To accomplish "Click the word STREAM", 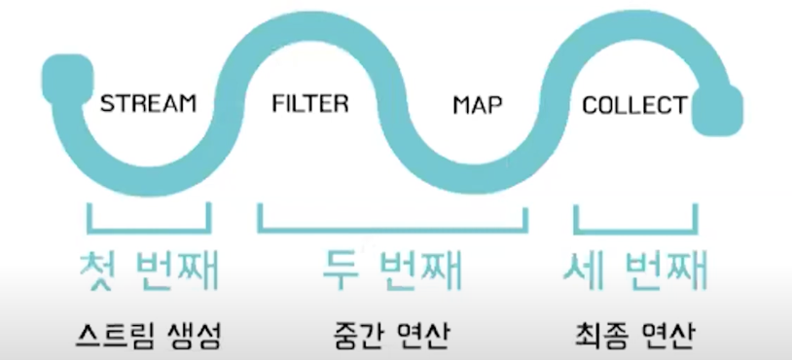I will (x=149, y=103).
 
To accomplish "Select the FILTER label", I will (x=310, y=103).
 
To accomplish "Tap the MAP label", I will (x=478, y=105).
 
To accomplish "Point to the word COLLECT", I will (x=634, y=105).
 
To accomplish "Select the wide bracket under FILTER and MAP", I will (x=392, y=229).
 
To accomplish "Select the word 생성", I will (x=192, y=335).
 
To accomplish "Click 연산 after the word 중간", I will (x=425, y=335).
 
